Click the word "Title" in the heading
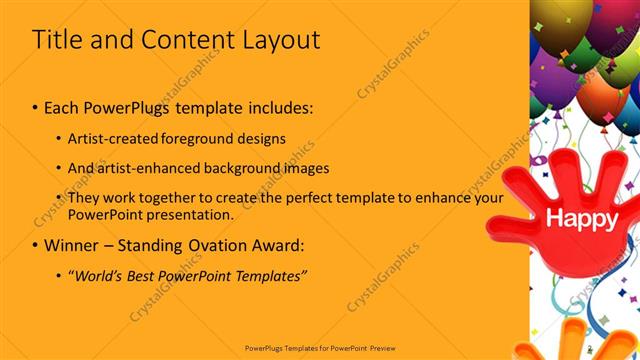click(55, 40)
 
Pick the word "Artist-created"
click(112, 138)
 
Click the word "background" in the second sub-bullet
click(231, 167)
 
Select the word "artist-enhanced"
click(144, 167)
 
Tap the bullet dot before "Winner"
click(35, 245)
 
